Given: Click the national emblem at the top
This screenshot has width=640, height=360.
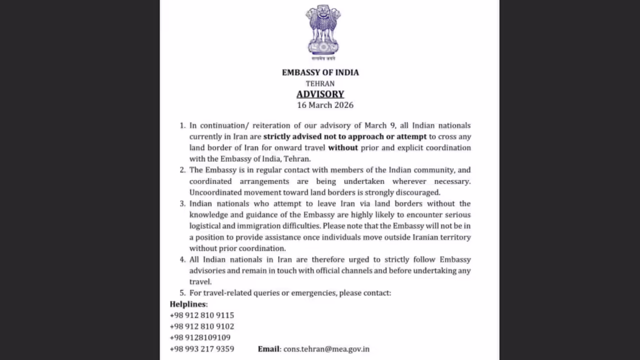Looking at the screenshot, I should pyautogui.click(x=322, y=31).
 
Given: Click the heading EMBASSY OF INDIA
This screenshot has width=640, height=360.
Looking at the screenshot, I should pyautogui.click(x=320, y=72).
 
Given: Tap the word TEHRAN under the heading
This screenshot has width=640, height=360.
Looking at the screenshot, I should pyautogui.click(x=320, y=83).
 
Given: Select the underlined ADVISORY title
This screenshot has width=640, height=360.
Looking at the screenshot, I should pyautogui.click(x=320, y=94).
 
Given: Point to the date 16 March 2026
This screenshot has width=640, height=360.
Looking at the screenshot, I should pyautogui.click(x=325, y=105).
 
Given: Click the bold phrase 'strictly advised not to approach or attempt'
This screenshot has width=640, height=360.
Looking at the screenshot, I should pyautogui.click(x=345, y=136).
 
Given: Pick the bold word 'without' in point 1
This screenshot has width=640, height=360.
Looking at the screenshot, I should pyautogui.click(x=343, y=147).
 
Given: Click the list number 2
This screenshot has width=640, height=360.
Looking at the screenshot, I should pyautogui.click(x=182, y=170).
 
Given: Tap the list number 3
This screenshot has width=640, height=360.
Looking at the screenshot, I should pyautogui.click(x=182, y=203).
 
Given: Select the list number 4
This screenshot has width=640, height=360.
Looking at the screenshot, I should pyautogui.click(x=182, y=259).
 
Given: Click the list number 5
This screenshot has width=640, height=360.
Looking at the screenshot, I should pyautogui.click(x=182, y=293).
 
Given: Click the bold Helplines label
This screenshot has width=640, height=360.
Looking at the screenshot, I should pyautogui.click(x=188, y=304).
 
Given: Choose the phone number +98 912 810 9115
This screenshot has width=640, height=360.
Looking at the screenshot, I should pyautogui.click(x=202, y=315).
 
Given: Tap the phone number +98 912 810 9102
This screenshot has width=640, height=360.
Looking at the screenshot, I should pyautogui.click(x=202, y=326).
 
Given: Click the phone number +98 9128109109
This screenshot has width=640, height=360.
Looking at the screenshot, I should pyautogui.click(x=200, y=337).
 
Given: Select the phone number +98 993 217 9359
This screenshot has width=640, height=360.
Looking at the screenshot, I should pyautogui.click(x=202, y=349).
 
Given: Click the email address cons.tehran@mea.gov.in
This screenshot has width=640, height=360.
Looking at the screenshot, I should pyautogui.click(x=326, y=349).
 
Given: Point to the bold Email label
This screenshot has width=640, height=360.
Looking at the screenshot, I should pyautogui.click(x=268, y=349).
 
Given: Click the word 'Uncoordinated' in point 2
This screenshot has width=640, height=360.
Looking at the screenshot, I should pyautogui.click(x=213, y=192).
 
